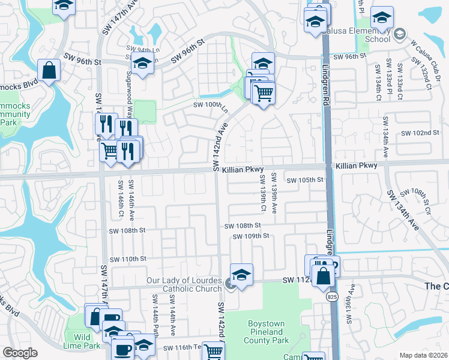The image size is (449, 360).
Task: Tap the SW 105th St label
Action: coord(305,180)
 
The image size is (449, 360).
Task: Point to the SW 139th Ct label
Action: coord(262,193)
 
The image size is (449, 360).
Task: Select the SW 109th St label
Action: coord(252,236)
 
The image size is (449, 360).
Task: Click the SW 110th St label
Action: coord(127,259)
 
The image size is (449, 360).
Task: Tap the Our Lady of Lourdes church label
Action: coord(185,284)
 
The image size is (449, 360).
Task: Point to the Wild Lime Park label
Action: coord(83,341)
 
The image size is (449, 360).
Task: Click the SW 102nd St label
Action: coord(421,133)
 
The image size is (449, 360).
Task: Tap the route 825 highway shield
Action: coord(331,297)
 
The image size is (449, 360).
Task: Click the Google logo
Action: coord(20,353)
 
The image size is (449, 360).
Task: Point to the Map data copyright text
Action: coord(424,355)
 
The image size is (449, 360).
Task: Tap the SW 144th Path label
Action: coord(155,314)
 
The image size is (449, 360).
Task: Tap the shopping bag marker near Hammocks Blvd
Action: coord(49,70)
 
